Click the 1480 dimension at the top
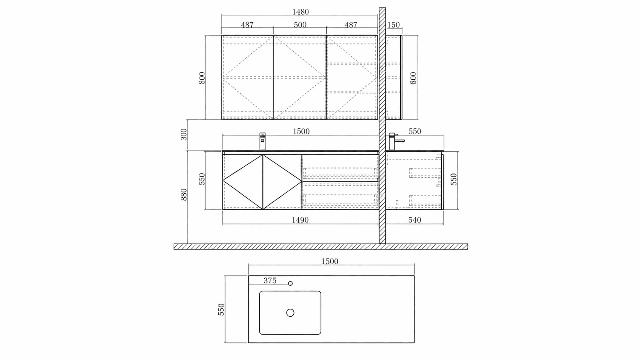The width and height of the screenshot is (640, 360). pyautogui.click(x=300, y=12)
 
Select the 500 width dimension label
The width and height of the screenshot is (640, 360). pyautogui.click(x=300, y=25)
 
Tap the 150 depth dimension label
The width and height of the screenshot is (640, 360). pyautogui.click(x=393, y=25)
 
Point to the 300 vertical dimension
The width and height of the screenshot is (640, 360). pyautogui.click(x=184, y=134)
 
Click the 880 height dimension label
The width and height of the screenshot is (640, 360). pyautogui.click(x=184, y=195)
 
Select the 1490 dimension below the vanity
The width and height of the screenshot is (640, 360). pyautogui.click(x=300, y=220)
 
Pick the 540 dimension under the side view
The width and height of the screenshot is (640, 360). pyautogui.click(x=414, y=220)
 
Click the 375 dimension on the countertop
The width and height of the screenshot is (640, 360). pyautogui.click(x=270, y=280)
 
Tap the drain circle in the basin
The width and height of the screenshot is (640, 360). pyautogui.click(x=290, y=313)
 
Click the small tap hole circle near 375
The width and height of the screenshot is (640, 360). pyautogui.click(x=290, y=283)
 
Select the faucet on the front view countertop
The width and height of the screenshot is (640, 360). pyautogui.click(x=262, y=141)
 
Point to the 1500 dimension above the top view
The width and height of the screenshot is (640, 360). pyautogui.click(x=329, y=261)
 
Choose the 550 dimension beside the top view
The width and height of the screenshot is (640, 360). pyautogui.click(x=221, y=309)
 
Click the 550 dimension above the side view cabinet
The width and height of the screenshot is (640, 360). pyautogui.click(x=414, y=131)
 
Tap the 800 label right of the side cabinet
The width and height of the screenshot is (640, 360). pyautogui.click(x=413, y=78)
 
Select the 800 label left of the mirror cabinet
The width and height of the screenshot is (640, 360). pyautogui.click(x=202, y=78)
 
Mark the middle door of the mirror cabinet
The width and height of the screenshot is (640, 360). pyautogui.click(x=300, y=77)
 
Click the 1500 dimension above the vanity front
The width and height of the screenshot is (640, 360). pyautogui.click(x=301, y=131)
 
